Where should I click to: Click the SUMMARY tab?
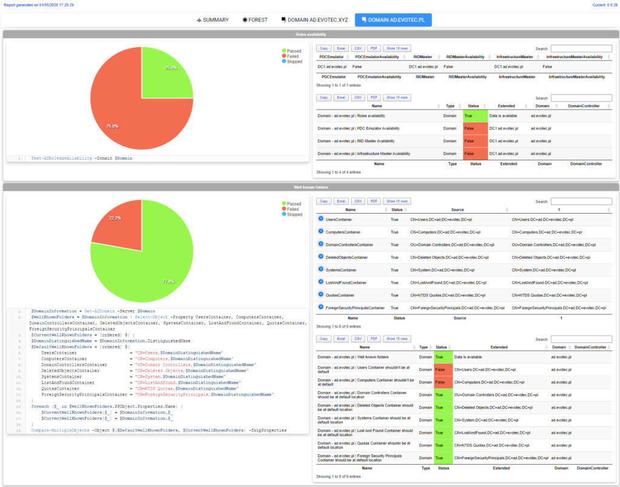coord(213,20)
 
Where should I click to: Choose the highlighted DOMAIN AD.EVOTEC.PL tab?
coord(393,20)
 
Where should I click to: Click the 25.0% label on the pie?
coord(171,68)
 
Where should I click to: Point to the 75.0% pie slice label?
coord(112,126)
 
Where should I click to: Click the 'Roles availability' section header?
coord(309,35)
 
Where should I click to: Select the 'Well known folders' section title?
coord(309,187)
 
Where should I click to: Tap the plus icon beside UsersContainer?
coord(321,219)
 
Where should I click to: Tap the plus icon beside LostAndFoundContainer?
coord(321,282)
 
